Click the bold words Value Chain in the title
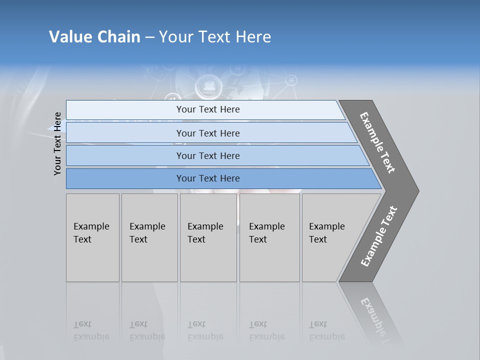[94, 37]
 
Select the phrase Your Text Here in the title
[215, 37]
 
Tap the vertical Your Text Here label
[57, 143]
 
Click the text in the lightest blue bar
[208, 109]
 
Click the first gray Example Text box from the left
[92, 237]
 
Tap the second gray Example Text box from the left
[149, 237]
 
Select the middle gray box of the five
[208, 237]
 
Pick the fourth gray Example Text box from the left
[269, 237]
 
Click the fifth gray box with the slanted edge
[330, 237]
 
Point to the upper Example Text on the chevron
[377, 142]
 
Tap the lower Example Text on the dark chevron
[378, 236]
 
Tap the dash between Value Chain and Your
[149, 37]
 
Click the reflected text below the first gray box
[91, 331]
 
